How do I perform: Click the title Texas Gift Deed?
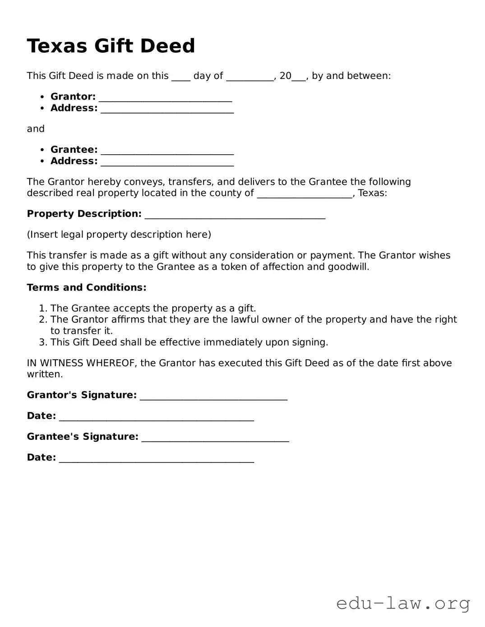point(111,46)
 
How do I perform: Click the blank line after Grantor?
point(165,98)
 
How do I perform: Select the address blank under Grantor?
point(167,109)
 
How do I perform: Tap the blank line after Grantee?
point(167,151)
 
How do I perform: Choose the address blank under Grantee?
point(167,162)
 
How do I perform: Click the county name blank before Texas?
point(305,194)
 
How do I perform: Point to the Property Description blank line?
point(235,215)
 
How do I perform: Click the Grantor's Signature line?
point(213,396)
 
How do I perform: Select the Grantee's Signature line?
point(215,438)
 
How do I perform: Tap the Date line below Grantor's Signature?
point(156,417)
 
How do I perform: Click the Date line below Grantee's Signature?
point(156,458)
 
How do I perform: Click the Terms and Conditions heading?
point(87,288)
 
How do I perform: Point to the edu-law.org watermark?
point(403,603)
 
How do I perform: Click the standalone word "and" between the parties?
point(36,129)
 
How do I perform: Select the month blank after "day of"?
point(249,77)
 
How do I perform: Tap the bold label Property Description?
point(84,214)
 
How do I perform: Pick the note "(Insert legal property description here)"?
point(119,234)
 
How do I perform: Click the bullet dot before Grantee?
point(42,150)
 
